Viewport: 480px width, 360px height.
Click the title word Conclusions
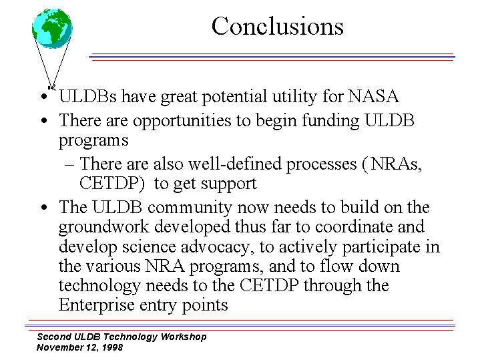tap(277, 26)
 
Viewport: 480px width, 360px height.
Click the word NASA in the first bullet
tap(373, 96)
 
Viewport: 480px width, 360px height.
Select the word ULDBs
tap(87, 96)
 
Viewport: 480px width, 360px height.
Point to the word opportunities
tap(182, 121)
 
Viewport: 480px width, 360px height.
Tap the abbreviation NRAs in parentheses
tap(396, 164)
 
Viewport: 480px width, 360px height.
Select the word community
tap(190, 208)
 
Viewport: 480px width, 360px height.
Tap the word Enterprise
tap(96, 305)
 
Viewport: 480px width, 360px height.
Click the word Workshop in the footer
tap(184, 337)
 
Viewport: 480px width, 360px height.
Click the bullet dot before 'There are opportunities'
tap(44, 120)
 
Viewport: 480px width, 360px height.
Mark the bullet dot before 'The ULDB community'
tap(44, 208)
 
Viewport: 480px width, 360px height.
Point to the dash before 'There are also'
tap(69, 165)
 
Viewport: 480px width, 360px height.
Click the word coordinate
tap(354, 227)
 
